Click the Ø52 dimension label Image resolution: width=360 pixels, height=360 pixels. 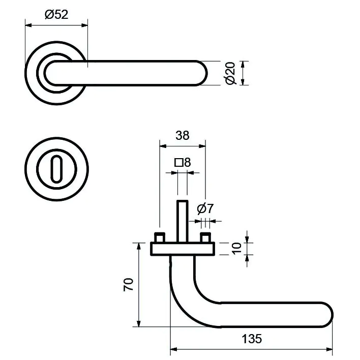click(x=56, y=15)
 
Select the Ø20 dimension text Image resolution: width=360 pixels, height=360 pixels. click(x=230, y=73)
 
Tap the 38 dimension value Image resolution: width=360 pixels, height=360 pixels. click(x=182, y=136)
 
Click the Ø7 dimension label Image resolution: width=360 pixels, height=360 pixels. click(x=204, y=208)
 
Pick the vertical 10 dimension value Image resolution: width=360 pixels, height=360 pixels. click(x=235, y=248)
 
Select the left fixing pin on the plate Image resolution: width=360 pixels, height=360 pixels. click(x=160, y=238)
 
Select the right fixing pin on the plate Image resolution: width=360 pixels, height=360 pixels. click(x=205, y=238)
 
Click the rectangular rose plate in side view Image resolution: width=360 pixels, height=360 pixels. click(x=183, y=249)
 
